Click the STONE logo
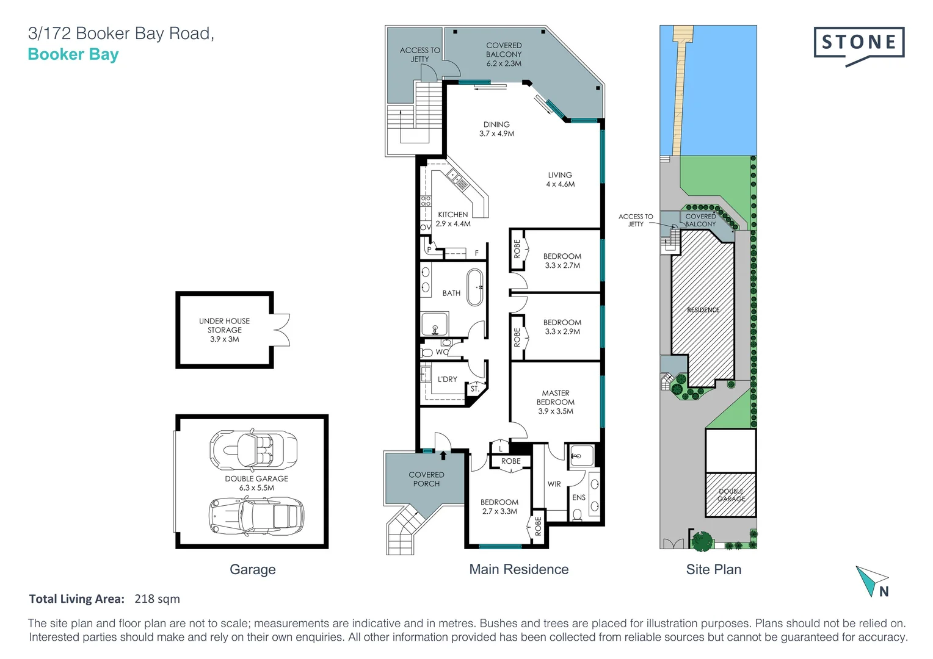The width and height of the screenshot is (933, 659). pyautogui.click(x=859, y=45)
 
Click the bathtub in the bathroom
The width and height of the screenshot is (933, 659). pyautogui.click(x=475, y=287)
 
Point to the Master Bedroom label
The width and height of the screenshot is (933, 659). pyautogui.click(x=556, y=398)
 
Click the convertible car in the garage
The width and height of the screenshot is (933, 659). pyautogui.click(x=253, y=450)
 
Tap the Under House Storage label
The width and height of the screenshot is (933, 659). pyautogui.click(x=225, y=325)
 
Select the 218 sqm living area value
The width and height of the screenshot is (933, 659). pyautogui.click(x=157, y=599)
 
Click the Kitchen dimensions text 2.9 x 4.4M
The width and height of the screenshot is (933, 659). pyautogui.click(x=453, y=223)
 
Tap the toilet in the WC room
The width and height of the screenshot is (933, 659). pyautogui.click(x=427, y=353)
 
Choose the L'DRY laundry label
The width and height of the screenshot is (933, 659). pyautogui.click(x=448, y=380)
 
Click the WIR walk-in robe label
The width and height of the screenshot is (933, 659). pyautogui.click(x=554, y=484)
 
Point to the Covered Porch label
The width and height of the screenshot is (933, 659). pyautogui.click(x=427, y=479)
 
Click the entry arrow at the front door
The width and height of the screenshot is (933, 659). pyautogui.click(x=443, y=455)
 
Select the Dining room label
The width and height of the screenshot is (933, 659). pyautogui.click(x=496, y=124)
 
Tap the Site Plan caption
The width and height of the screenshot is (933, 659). pyautogui.click(x=714, y=569)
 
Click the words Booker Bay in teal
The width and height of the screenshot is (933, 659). pyautogui.click(x=73, y=54)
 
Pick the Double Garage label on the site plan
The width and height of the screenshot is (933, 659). pyautogui.click(x=731, y=495)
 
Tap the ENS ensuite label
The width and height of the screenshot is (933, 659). pyautogui.click(x=579, y=497)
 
